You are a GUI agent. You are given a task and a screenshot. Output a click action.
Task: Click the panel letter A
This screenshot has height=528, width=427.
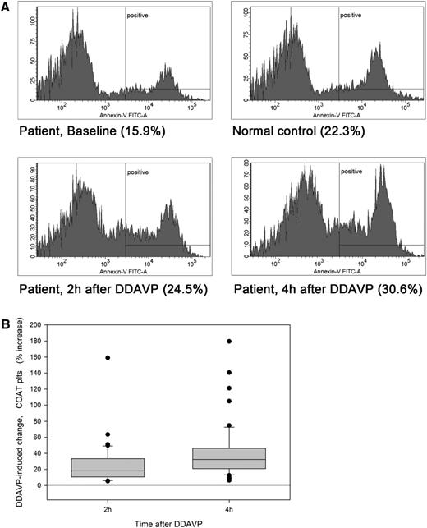tap(7, 7)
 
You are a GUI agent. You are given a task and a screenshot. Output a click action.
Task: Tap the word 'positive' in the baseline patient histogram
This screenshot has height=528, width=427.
tap(137, 14)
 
